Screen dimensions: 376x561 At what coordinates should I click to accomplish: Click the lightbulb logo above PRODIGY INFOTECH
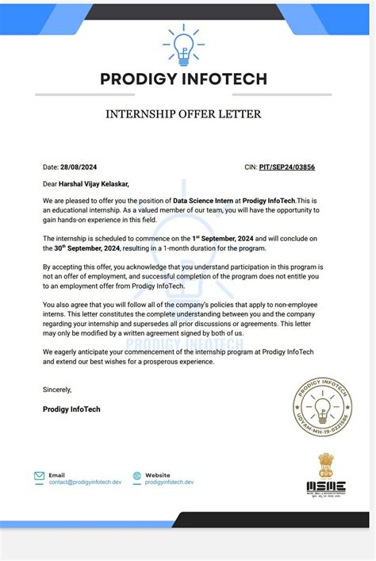[x=184, y=44]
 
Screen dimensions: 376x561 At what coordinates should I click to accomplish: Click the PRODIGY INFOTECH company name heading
[x=183, y=79]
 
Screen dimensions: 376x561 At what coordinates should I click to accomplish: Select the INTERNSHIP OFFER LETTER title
[x=183, y=114]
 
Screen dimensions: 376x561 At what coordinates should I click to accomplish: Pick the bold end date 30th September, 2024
[x=82, y=248]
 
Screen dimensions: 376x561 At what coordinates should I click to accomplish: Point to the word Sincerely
[x=57, y=390]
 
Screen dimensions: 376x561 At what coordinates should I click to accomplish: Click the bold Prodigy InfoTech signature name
[x=71, y=409]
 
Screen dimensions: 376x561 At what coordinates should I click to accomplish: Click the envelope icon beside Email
[x=39, y=477]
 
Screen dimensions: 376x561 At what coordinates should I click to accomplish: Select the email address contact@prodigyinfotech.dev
[x=84, y=482]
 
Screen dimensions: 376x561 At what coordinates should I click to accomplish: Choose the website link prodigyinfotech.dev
[x=169, y=482]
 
